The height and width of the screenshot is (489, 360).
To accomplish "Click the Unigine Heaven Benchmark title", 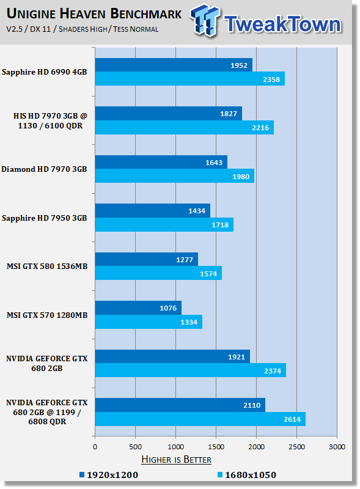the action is click(x=94, y=14).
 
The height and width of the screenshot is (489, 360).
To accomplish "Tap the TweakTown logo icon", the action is click(x=205, y=21).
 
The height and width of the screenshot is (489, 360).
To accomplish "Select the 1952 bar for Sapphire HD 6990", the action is click(x=174, y=65).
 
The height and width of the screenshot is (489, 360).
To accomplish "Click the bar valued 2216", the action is click(x=185, y=128).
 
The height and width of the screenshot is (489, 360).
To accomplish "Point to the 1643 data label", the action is click(x=214, y=163).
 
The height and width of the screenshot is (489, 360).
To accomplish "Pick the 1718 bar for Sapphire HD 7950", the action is click(x=164, y=225).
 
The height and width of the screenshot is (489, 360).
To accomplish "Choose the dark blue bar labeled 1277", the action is click(x=147, y=259).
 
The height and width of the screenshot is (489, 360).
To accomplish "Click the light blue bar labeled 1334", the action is click(x=149, y=322).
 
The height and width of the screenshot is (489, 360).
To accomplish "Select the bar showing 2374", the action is click(x=191, y=370).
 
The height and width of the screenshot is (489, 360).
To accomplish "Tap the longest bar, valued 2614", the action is click(x=200, y=419).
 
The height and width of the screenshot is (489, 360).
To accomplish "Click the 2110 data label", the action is click(x=252, y=405).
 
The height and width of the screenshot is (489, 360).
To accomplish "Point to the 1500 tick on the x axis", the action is click(x=216, y=447).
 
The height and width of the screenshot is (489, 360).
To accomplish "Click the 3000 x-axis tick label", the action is click(x=337, y=447).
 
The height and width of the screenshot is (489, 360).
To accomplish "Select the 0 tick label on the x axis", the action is click(x=95, y=447).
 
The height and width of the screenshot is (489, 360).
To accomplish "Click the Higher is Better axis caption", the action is click(x=176, y=460).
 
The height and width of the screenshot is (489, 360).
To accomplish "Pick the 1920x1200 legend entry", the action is click(x=109, y=475).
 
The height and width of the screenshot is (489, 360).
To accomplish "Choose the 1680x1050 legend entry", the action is click(x=247, y=475).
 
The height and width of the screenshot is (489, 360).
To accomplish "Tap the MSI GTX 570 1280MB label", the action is click(x=47, y=315).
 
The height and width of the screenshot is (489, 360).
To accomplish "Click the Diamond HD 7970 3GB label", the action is click(x=44, y=169).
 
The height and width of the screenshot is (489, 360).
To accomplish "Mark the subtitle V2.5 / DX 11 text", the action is click(x=28, y=29).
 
